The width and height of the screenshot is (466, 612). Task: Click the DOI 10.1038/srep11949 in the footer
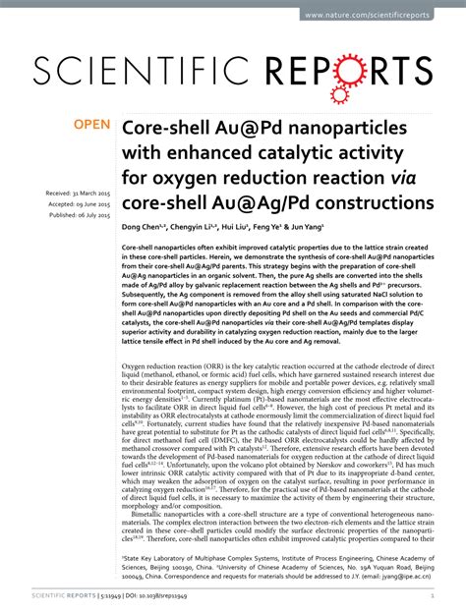pyautogui.click(x=162, y=595)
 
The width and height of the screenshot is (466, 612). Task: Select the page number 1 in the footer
pyautogui.click(x=433, y=595)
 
